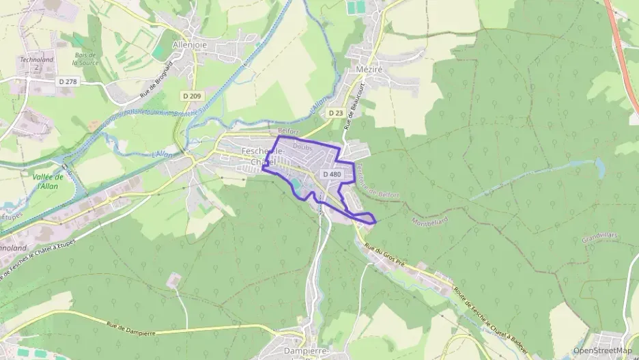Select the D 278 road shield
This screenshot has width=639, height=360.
66,81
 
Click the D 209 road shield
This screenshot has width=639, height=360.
193,96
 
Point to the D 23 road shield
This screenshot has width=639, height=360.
335,113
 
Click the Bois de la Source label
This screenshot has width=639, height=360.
86,59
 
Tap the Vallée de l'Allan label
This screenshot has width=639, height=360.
48,181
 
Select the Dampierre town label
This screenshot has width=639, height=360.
306,350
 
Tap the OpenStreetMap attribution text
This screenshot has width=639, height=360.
602,350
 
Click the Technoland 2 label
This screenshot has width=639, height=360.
36,64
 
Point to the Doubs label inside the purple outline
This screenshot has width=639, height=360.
302,145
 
